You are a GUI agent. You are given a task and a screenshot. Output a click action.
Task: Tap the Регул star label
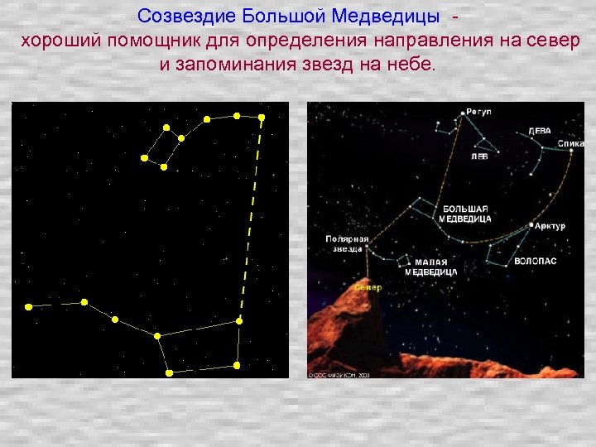pos(478,111)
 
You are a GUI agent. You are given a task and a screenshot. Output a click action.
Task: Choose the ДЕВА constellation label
pos(540,131)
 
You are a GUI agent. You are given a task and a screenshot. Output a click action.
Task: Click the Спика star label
pos(571,144)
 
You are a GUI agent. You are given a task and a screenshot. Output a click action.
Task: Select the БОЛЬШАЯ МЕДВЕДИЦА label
pos(466,214)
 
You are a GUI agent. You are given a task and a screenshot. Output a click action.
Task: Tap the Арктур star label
pos(550,226)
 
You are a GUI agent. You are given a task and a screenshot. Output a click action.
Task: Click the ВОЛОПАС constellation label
pos(535,261)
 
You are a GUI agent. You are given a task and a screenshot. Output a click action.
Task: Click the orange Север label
pos(368,288)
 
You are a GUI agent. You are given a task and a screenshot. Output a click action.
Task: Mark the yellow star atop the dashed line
pos(261,117)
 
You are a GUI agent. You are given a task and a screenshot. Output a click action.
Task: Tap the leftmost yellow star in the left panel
pos(29,306)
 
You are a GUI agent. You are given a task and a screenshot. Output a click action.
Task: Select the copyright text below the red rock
pos(339,374)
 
